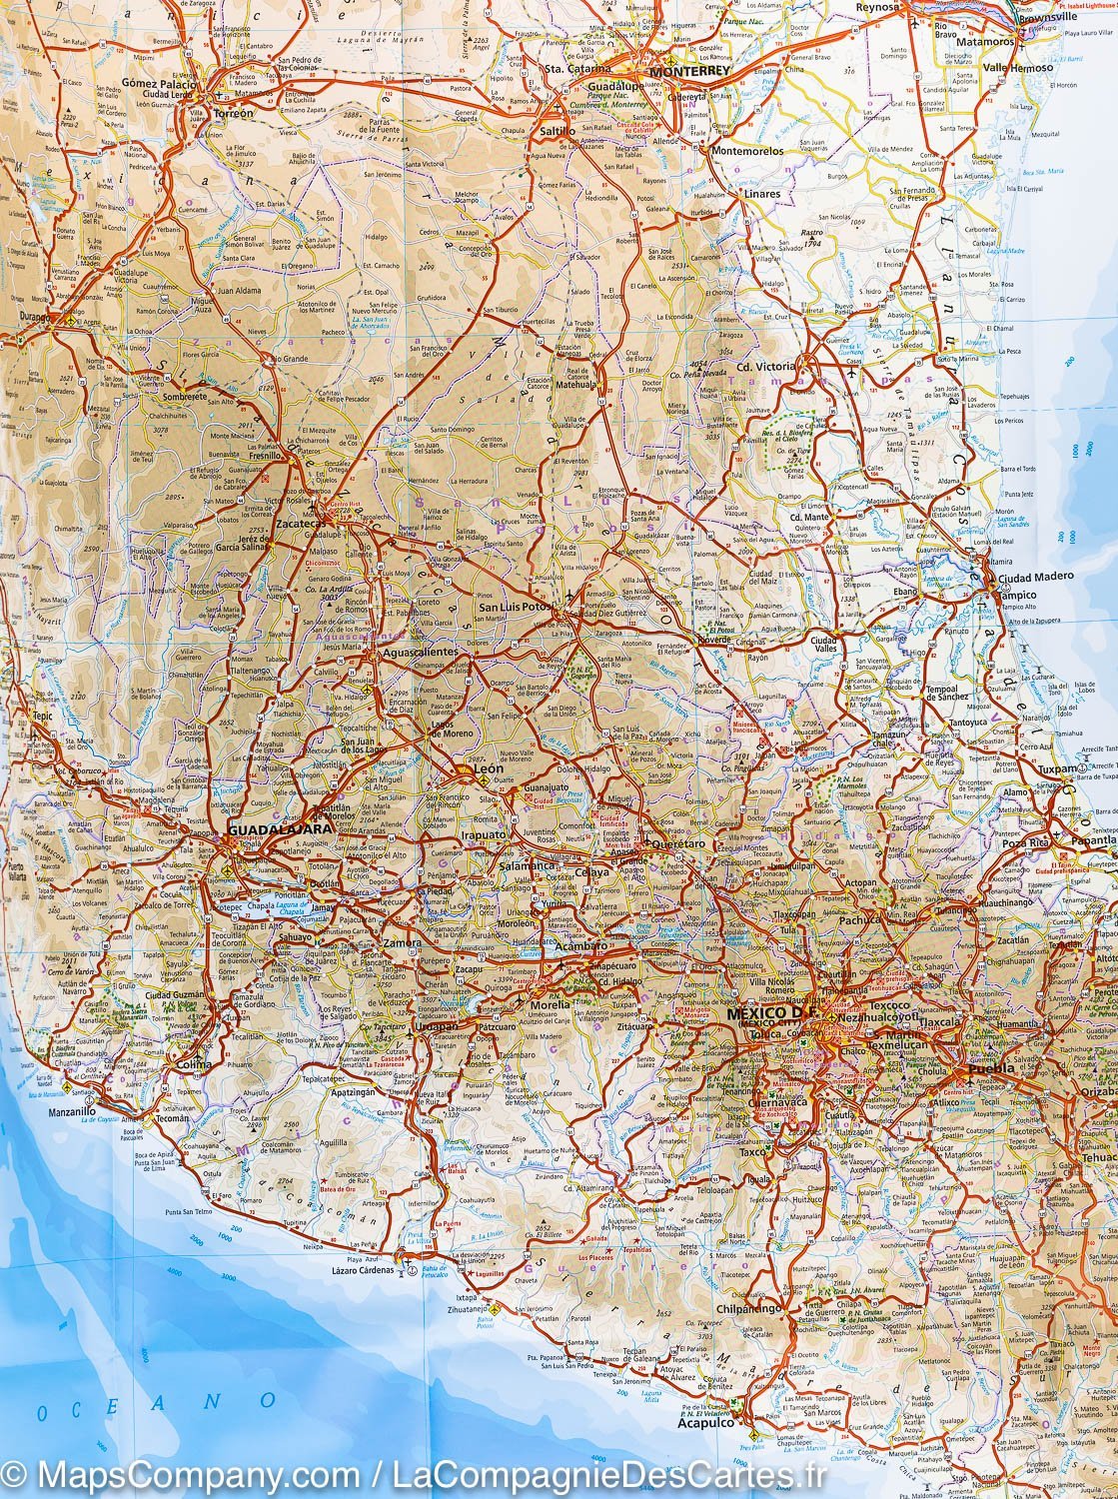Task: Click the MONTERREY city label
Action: click(679, 73)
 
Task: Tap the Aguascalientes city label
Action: click(421, 652)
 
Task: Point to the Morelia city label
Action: click(551, 1004)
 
